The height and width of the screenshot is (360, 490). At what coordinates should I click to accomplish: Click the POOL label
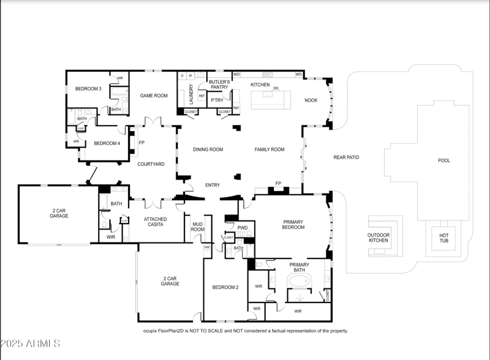click(x=444, y=160)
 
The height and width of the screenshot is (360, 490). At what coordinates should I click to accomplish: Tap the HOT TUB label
click(x=444, y=238)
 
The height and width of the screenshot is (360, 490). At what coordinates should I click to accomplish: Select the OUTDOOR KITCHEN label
click(x=378, y=238)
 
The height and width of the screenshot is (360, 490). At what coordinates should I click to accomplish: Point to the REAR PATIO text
click(x=346, y=157)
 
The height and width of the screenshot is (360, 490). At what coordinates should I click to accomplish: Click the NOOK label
click(x=311, y=100)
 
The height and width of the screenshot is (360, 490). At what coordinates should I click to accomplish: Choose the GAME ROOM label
click(x=154, y=96)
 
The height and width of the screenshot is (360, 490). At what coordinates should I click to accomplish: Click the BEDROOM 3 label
click(x=88, y=89)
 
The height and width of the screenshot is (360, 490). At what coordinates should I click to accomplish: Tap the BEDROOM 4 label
click(x=107, y=143)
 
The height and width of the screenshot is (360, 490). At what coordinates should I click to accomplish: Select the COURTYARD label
click(x=151, y=164)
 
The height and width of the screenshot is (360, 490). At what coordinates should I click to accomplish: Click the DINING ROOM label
click(x=208, y=149)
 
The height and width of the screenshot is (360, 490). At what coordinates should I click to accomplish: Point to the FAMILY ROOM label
click(x=269, y=149)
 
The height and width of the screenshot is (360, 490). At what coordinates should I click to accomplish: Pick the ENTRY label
click(x=213, y=185)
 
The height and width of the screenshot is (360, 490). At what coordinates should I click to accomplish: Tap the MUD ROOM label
click(x=198, y=227)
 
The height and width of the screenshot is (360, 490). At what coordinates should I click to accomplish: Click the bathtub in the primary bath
click(x=300, y=282)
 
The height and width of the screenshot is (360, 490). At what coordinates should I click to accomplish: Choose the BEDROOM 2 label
click(x=225, y=287)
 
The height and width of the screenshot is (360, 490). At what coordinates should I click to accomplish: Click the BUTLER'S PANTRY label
click(x=219, y=84)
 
